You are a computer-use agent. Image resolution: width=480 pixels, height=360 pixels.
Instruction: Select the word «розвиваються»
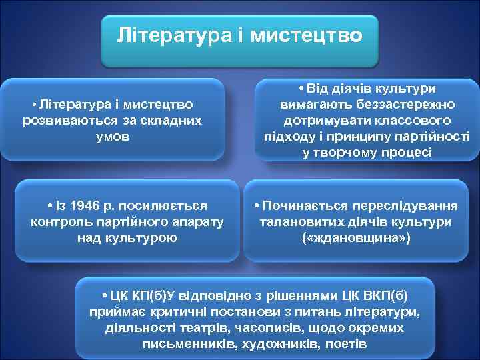coord(62,121)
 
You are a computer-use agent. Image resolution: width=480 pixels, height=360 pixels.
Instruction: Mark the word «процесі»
coord(407,152)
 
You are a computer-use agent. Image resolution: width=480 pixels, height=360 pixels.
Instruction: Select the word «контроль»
coord(62,221)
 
